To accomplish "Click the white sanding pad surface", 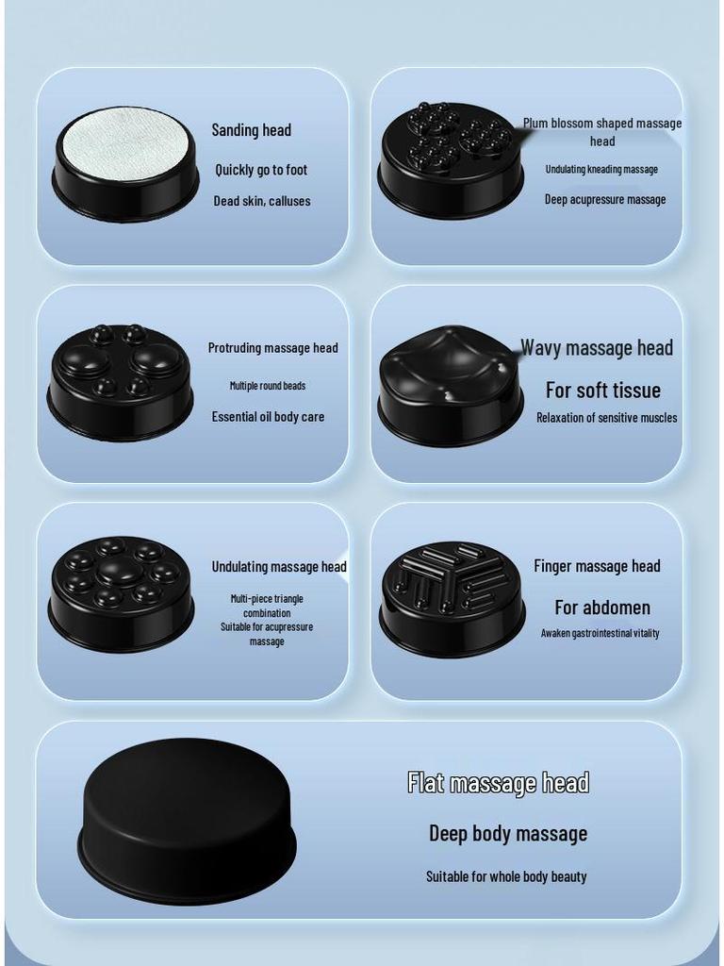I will (x=125, y=143).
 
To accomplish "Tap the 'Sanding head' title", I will (x=251, y=130).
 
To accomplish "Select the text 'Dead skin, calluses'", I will (x=261, y=201).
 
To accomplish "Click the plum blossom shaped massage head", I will (x=451, y=158).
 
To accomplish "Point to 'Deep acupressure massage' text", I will (x=605, y=199).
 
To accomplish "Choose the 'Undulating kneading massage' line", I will (x=601, y=169).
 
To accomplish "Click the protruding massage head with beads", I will (x=121, y=380).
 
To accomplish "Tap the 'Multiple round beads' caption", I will (x=268, y=385).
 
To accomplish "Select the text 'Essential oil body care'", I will (x=268, y=417).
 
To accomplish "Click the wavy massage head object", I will (x=450, y=384).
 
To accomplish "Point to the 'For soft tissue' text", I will (x=603, y=390).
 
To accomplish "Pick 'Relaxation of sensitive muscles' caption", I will (x=606, y=417).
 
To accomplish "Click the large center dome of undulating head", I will (x=120, y=570).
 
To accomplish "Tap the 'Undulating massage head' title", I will (x=279, y=567).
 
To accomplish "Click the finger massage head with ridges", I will (x=452, y=597).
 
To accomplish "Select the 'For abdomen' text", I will (x=602, y=608).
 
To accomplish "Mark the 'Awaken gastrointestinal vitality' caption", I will (x=600, y=633).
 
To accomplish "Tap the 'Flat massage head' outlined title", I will (x=498, y=782).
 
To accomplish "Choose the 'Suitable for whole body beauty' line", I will (x=506, y=876).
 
